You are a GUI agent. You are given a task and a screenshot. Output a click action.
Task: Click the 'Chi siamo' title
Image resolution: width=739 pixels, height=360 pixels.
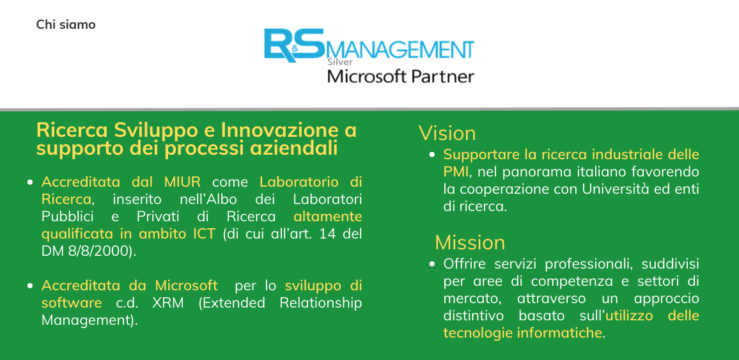[x=66, y=24]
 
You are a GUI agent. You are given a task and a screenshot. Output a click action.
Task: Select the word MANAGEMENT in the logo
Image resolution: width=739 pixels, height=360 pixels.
[x=400, y=50]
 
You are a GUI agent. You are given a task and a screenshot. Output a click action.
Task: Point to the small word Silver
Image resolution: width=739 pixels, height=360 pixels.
[x=340, y=61]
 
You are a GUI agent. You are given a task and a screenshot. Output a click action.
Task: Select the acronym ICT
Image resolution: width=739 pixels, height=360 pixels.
[x=203, y=234]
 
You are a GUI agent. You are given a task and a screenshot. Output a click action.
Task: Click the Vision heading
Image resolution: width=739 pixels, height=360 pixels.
[x=447, y=134]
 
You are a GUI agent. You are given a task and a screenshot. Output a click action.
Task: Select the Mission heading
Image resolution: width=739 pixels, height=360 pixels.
[x=470, y=243]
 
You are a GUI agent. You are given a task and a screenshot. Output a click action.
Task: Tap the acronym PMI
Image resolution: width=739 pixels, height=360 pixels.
[x=456, y=172]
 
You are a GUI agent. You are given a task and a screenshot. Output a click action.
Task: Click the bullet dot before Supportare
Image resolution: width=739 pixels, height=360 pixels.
[x=432, y=155]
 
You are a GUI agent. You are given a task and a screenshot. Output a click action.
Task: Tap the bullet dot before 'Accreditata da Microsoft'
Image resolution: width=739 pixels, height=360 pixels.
[x=31, y=286]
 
